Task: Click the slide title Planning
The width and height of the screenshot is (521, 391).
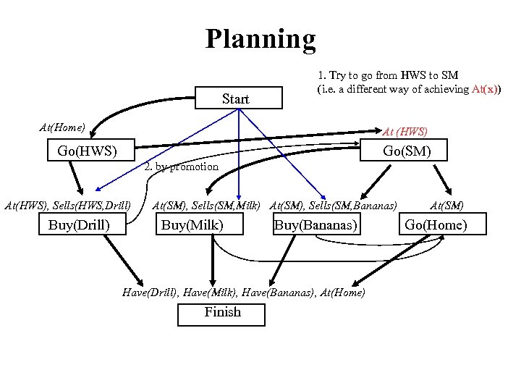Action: click(260, 38)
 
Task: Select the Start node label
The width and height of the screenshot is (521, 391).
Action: click(236, 99)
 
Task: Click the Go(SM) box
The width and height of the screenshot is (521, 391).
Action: click(406, 151)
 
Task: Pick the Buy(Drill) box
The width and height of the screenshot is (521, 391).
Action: click(80, 225)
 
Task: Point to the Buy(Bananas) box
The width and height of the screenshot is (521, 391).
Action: click(315, 225)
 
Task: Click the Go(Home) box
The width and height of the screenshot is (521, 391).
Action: click(436, 225)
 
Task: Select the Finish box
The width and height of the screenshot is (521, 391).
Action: click(222, 313)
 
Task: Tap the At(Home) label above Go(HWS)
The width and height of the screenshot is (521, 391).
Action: click(62, 127)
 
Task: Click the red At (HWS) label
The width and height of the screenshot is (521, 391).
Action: click(405, 132)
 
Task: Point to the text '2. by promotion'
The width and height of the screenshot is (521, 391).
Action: click(181, 167)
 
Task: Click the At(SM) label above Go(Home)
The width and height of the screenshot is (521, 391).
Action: click(446, 206)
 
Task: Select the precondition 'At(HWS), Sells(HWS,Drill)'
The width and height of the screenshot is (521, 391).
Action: click(67, 206)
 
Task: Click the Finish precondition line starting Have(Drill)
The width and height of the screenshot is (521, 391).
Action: click(244, 292)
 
